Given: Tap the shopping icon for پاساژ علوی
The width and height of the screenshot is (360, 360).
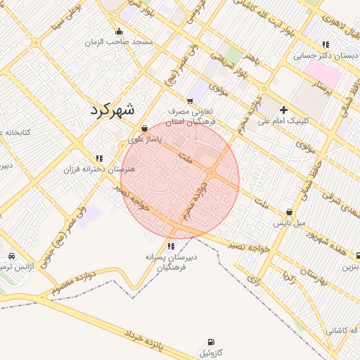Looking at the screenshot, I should point(145,129).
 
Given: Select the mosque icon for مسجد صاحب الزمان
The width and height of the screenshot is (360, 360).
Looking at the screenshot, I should point(119,31).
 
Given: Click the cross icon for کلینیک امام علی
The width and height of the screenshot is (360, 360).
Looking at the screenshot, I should point(283,110).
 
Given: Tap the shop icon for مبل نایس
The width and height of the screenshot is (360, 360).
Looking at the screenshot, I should point(289,212).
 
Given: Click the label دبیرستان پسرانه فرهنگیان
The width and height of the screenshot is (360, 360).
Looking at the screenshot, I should point(171,262).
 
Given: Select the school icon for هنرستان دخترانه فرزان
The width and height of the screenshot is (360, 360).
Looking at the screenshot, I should point(99,159).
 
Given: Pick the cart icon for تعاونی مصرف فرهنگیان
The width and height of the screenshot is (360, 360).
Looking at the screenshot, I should point(189,101).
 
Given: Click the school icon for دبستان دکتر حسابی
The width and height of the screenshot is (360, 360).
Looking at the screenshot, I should point(325,44).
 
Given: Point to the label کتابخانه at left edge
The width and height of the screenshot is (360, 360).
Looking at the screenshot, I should point(14,133).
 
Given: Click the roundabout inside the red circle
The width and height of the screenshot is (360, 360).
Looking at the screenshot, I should point(211,174).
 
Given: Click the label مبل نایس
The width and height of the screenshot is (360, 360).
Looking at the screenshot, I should point(289,223).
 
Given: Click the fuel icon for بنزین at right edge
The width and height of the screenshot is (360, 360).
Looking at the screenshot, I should point(358,257).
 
